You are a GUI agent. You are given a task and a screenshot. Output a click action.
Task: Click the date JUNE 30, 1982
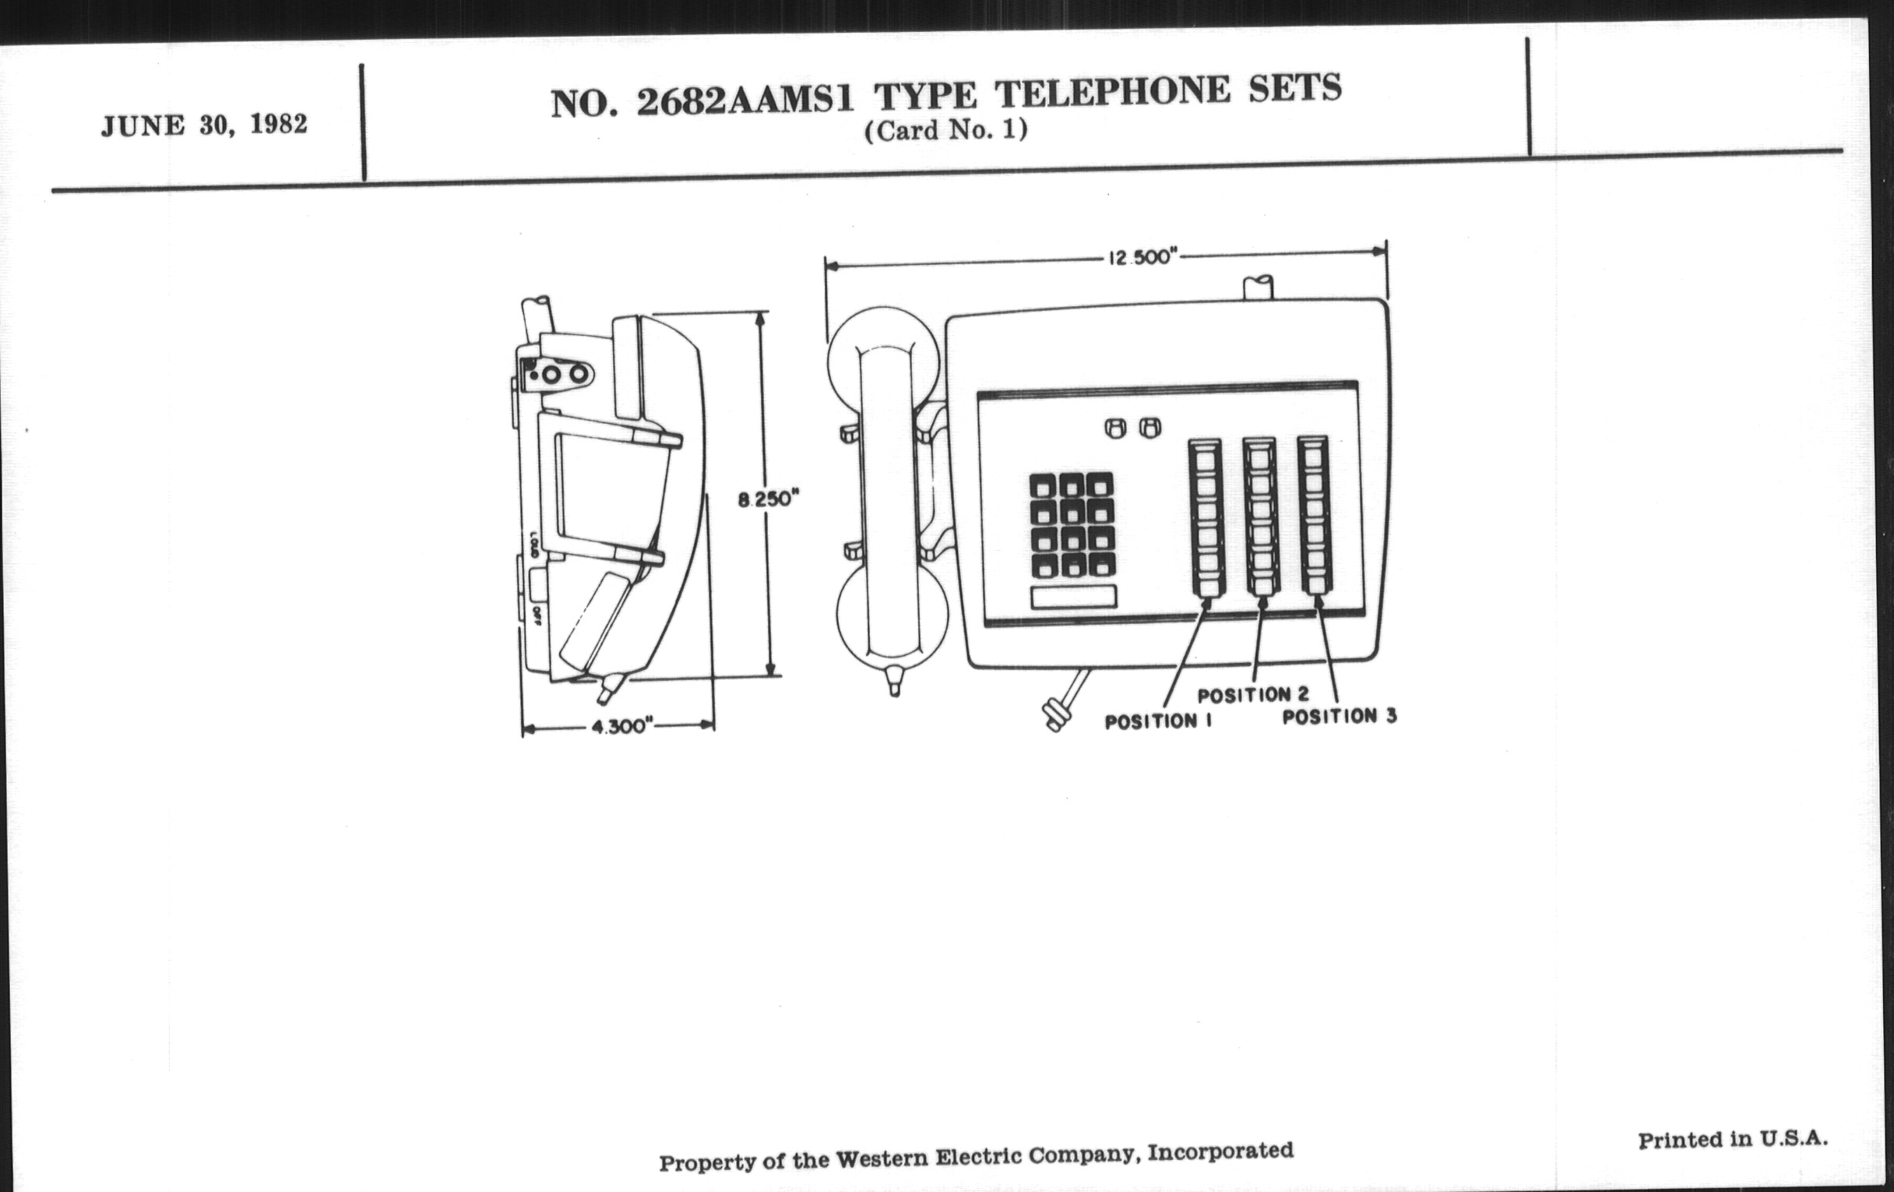click(x=204, y=125)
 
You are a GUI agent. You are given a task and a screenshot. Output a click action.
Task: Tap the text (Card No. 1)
click(x=946, y=130)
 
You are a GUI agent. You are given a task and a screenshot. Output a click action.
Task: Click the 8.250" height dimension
click(x=768, y=499)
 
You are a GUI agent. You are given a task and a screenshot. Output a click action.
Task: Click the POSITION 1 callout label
click(x=1158, y=721)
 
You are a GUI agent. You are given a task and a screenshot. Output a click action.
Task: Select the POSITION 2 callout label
click(x=1253, y=695)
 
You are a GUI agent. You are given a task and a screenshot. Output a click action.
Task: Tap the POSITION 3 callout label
click(x=1340, y=716)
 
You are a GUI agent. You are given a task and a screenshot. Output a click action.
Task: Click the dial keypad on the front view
click(x=1072, y=524)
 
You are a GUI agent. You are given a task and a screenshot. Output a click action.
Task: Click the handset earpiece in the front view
click(x=882, y=346)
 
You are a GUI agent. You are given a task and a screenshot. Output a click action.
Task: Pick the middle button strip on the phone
click(x=1260, y=516)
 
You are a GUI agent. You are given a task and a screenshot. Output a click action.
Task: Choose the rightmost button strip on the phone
click(x=1314, y=514)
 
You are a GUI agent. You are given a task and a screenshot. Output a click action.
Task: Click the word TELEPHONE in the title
click(x=1111, y=92)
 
